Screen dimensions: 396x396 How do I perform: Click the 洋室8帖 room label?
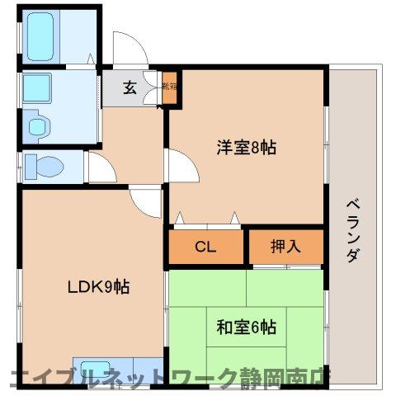(246, 148)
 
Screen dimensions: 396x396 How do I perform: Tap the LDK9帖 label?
(97, 287)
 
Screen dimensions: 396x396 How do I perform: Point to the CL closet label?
(205, 247)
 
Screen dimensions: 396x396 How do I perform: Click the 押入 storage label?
(285, 247)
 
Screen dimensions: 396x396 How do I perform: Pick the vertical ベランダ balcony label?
(351, 230)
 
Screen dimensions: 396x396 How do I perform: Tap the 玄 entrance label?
(130, 88)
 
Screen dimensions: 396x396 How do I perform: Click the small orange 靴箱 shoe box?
(169, 88)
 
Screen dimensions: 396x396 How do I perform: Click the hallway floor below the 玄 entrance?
(132, 132)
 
